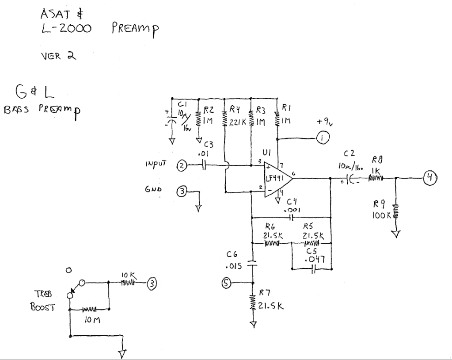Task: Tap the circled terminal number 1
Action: coord(323,138)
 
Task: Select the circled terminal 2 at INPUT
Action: coord(182,165)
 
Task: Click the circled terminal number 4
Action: coord(430,177)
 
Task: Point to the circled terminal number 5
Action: coord(226,283)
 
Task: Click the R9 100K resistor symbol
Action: coord(396,211)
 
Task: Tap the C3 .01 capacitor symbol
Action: coord(204,165)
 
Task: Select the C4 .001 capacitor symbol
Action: coord(291,217)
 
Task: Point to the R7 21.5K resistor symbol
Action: coord(253,303)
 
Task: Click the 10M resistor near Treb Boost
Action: coord(90,310)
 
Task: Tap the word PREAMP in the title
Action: coord(135,29)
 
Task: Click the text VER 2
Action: coord(59,56)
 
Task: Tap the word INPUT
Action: coord(156,164)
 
